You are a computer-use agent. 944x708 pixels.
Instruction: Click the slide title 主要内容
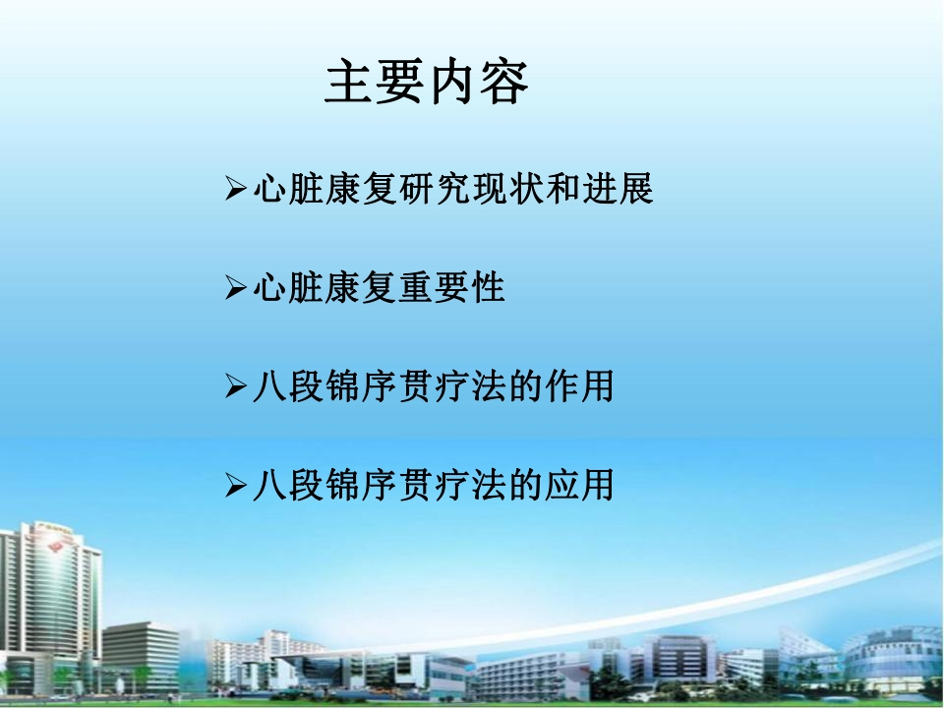click(426, 82)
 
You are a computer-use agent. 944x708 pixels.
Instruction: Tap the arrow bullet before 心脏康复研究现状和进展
click(235, 188)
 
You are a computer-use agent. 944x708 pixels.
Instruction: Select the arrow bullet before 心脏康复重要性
click(235, 287)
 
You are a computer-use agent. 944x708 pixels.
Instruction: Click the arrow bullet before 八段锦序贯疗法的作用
click(235, 385)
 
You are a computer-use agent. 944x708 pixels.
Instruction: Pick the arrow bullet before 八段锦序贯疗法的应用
click(235, 485)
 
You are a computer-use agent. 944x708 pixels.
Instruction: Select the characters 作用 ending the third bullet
click(579, 386)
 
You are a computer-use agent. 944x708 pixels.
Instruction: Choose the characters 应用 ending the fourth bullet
click(579, 486)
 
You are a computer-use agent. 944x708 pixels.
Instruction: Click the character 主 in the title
click(348, 82)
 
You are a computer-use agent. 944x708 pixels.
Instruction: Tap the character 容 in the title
click(503, 82)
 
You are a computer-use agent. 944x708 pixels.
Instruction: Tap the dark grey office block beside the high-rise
click(141, 656)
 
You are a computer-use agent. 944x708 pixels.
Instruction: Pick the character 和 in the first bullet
click(562, 189)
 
